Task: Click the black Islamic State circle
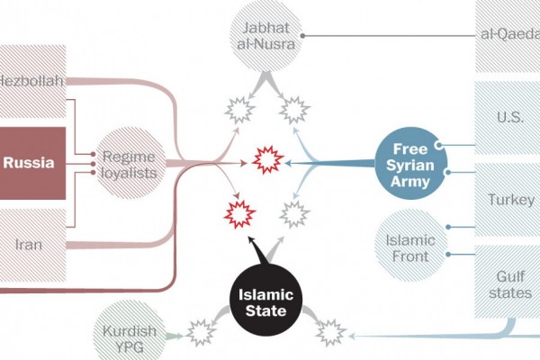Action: (x=265, y=301)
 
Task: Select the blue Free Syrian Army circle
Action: (x=410, y=164)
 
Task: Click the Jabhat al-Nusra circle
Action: (x=265, y=36)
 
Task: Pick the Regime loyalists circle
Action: (x=129, y=164)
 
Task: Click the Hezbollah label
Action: (x=31, y=81)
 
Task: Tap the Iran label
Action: (x=29, y=245)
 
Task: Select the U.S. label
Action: (x=510, y=118)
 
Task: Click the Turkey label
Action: (x=511, y=200)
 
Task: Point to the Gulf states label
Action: (x=510, y=285)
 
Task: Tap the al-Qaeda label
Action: (x=510, y=34)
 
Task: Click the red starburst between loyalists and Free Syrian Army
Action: (x=268, y=160)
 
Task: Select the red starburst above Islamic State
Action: (x=239, y=214)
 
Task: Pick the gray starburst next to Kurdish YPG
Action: (x=201, y=333)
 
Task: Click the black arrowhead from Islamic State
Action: (x=251, y=240)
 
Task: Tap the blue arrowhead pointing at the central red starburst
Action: (x=289, y=163)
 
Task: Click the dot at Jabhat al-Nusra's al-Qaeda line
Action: (x=302, y=36)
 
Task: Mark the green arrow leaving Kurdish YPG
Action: (x=175, y=336)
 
